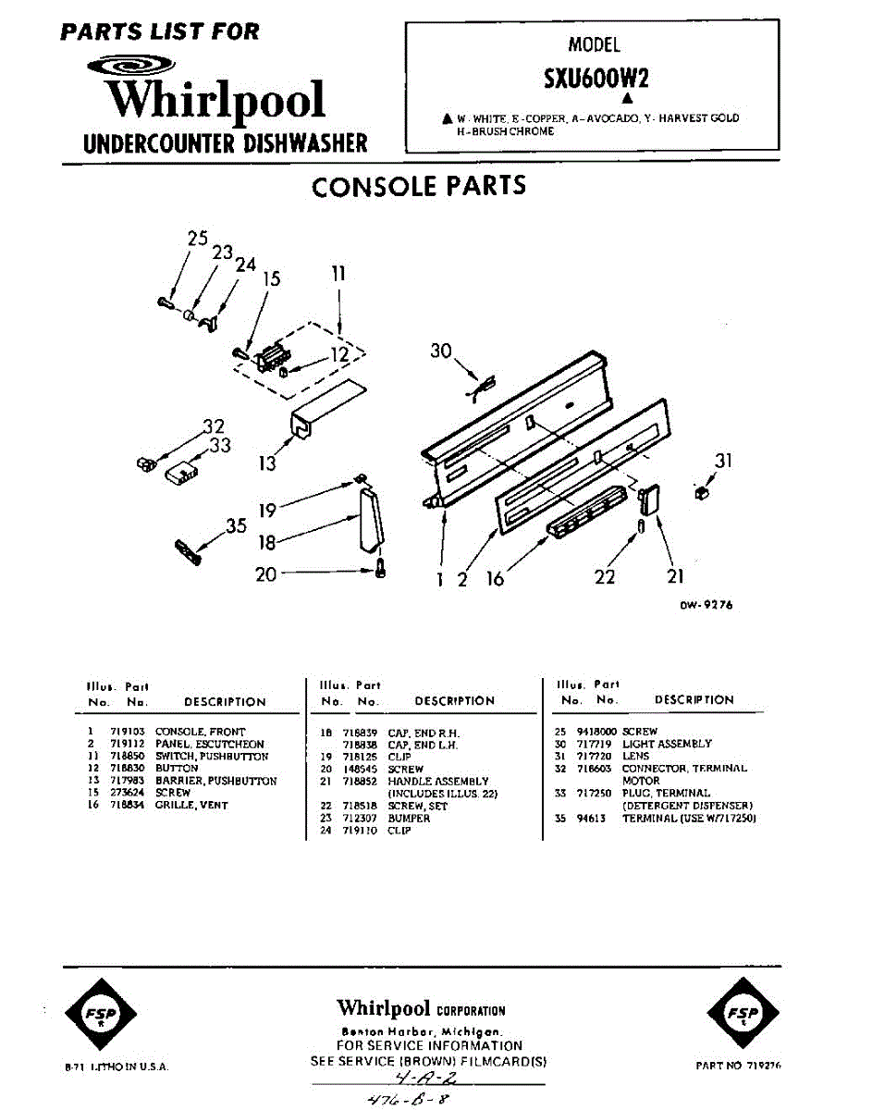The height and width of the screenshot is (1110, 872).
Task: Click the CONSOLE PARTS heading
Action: (x=419, y=186)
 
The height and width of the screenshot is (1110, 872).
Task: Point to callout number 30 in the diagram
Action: (x=441, y=350)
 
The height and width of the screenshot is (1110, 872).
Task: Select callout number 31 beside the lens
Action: (x=722, y=460)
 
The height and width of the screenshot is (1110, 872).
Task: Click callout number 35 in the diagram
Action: (x=236, y=526)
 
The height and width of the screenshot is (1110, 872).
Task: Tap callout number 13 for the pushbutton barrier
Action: (x=267, y=463)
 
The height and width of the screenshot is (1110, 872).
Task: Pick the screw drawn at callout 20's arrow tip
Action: (x=379, y=571)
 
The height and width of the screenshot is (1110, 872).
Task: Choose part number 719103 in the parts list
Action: (x=125, y=732)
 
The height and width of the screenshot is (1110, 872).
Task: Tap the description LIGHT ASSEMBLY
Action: (x=667, y=744)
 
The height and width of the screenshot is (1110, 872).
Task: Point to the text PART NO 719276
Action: (x=738, y=1066)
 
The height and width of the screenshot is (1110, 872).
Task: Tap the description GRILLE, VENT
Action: (x=191, y=806)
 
